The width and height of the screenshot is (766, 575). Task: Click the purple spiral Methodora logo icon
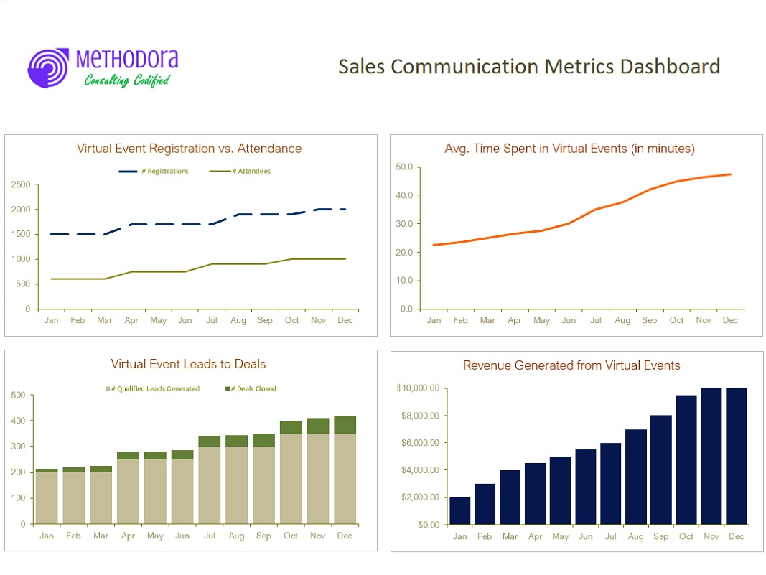point(48,68)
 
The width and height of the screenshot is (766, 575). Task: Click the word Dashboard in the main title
point(670,67)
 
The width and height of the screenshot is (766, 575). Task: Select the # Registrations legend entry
point(154,171)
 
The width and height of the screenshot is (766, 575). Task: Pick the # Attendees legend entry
point(240,171)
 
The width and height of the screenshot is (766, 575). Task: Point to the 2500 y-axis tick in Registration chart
point(21,184)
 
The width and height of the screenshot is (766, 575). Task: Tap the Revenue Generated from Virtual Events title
point(571,365)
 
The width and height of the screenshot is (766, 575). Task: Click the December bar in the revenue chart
point(736,457)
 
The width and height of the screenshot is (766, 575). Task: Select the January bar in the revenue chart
point(459,511)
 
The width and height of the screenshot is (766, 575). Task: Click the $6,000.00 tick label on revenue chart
point(420,443)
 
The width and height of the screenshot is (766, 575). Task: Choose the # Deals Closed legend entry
point(251,389)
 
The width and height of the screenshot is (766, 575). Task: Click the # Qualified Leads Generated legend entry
point(152,389)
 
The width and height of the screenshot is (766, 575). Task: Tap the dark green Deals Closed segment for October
point(291,427)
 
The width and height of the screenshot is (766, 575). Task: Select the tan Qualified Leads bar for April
point(128,492)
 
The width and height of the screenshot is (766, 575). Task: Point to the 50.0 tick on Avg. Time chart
point(404,167)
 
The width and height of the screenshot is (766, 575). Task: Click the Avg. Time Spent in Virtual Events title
point(569,149)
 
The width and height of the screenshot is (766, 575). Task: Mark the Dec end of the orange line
point(731,174)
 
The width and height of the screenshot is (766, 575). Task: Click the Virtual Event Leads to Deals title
point(188,364)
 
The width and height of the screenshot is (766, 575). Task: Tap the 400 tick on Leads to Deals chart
point(18,421)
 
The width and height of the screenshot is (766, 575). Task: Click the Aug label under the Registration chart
point(238,320)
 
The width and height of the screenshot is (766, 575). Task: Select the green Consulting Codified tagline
point(127,80)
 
